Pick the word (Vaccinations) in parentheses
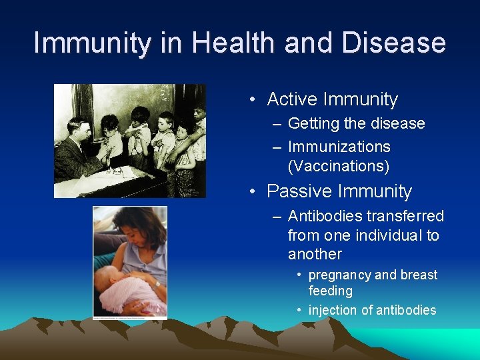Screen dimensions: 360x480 [338, 165]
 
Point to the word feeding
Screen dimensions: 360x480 [330, 291]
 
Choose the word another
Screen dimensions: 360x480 [315, 254]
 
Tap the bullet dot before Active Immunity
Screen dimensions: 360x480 [253, 100]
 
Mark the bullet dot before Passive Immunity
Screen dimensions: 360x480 [253, 192]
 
